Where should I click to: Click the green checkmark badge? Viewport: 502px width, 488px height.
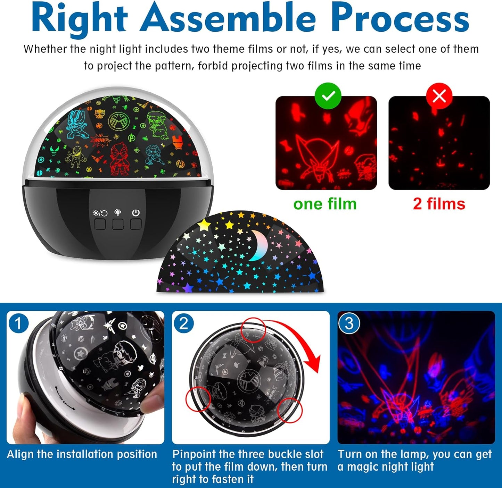pos(328,96)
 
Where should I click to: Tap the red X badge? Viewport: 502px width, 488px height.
pos(439,96)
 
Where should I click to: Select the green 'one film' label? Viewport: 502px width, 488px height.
pos(325,204)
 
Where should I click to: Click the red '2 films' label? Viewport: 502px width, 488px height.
pos(439,204)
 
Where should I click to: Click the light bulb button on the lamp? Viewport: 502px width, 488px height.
pos(118,224)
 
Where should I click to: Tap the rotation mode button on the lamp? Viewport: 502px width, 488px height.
pos(100,224)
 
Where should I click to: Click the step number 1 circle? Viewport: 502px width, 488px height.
pos(18,323)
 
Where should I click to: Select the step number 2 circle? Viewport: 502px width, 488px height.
pos(184,323)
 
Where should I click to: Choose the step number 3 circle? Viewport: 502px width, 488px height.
pos(349,323)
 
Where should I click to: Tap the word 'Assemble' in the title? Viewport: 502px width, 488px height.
pos(228,18)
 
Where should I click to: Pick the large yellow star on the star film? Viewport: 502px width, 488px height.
pos(204,225)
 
